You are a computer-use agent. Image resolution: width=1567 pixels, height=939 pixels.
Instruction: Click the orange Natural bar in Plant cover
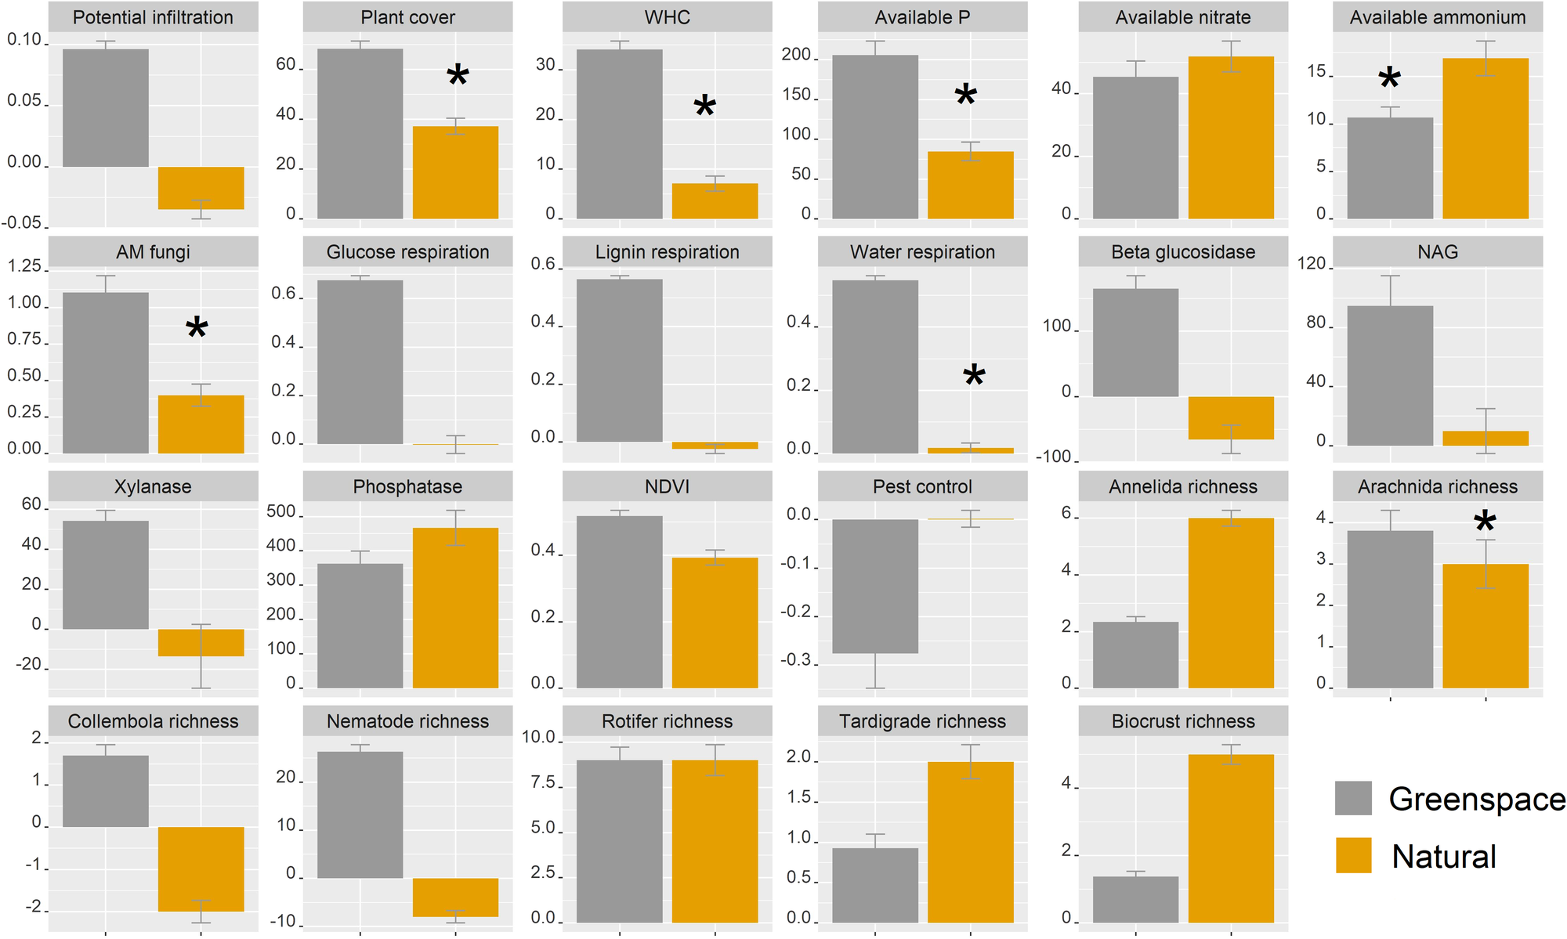(455, 172)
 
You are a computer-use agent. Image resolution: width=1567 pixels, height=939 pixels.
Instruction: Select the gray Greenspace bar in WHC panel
(619, 134)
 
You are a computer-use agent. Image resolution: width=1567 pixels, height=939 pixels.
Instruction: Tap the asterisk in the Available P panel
(965, 97)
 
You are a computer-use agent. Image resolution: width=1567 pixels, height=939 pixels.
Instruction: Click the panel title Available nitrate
(1182, 17)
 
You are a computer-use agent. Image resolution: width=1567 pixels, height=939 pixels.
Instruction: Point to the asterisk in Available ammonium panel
(1389, 79)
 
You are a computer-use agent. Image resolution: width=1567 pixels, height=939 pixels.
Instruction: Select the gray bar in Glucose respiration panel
(360, 362)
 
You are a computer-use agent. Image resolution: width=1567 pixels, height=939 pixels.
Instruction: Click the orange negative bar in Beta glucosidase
(1230, 417)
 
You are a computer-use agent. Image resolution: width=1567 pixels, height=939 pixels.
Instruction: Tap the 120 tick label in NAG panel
(1311, 264)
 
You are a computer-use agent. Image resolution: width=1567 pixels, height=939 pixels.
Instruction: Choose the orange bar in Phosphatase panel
(455, 608)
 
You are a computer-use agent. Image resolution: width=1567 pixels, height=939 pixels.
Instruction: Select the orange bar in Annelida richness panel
(1230, 603)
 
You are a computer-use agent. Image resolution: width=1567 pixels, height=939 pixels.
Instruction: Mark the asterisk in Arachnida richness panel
(1484, 523)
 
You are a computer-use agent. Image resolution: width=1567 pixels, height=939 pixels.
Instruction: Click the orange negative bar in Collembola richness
(201, 869)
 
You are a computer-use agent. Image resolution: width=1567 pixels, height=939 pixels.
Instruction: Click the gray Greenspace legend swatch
(1353, 798)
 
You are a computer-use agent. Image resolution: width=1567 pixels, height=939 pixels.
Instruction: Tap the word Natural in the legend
(1443, 856)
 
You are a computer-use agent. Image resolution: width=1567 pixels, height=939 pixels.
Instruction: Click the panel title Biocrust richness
(1182, 721)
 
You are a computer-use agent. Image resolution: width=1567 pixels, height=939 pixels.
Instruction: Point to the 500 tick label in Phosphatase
(280, 512)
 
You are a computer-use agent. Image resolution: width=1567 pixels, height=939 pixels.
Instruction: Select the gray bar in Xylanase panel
(105, 575)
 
